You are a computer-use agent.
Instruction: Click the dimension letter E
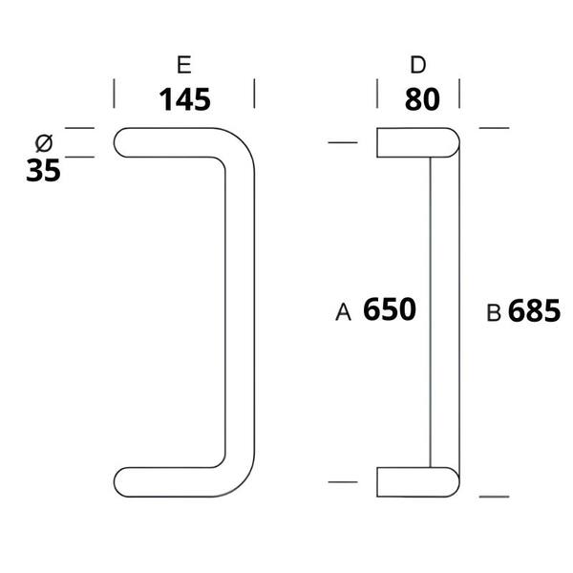coord(183,65)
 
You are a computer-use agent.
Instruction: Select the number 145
coord(185,99)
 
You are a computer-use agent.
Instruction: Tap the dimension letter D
coord(418,65)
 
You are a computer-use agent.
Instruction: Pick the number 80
coord(422,99)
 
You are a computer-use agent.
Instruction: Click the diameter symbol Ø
coord(44,143)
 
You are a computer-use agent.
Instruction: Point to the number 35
coord(44,171)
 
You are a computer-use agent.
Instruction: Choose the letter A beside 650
coord(343,312)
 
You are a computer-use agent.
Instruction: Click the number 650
coord(390,309)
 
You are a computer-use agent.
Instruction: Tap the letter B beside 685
coord(494,313)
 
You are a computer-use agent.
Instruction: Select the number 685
coord(534,310)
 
